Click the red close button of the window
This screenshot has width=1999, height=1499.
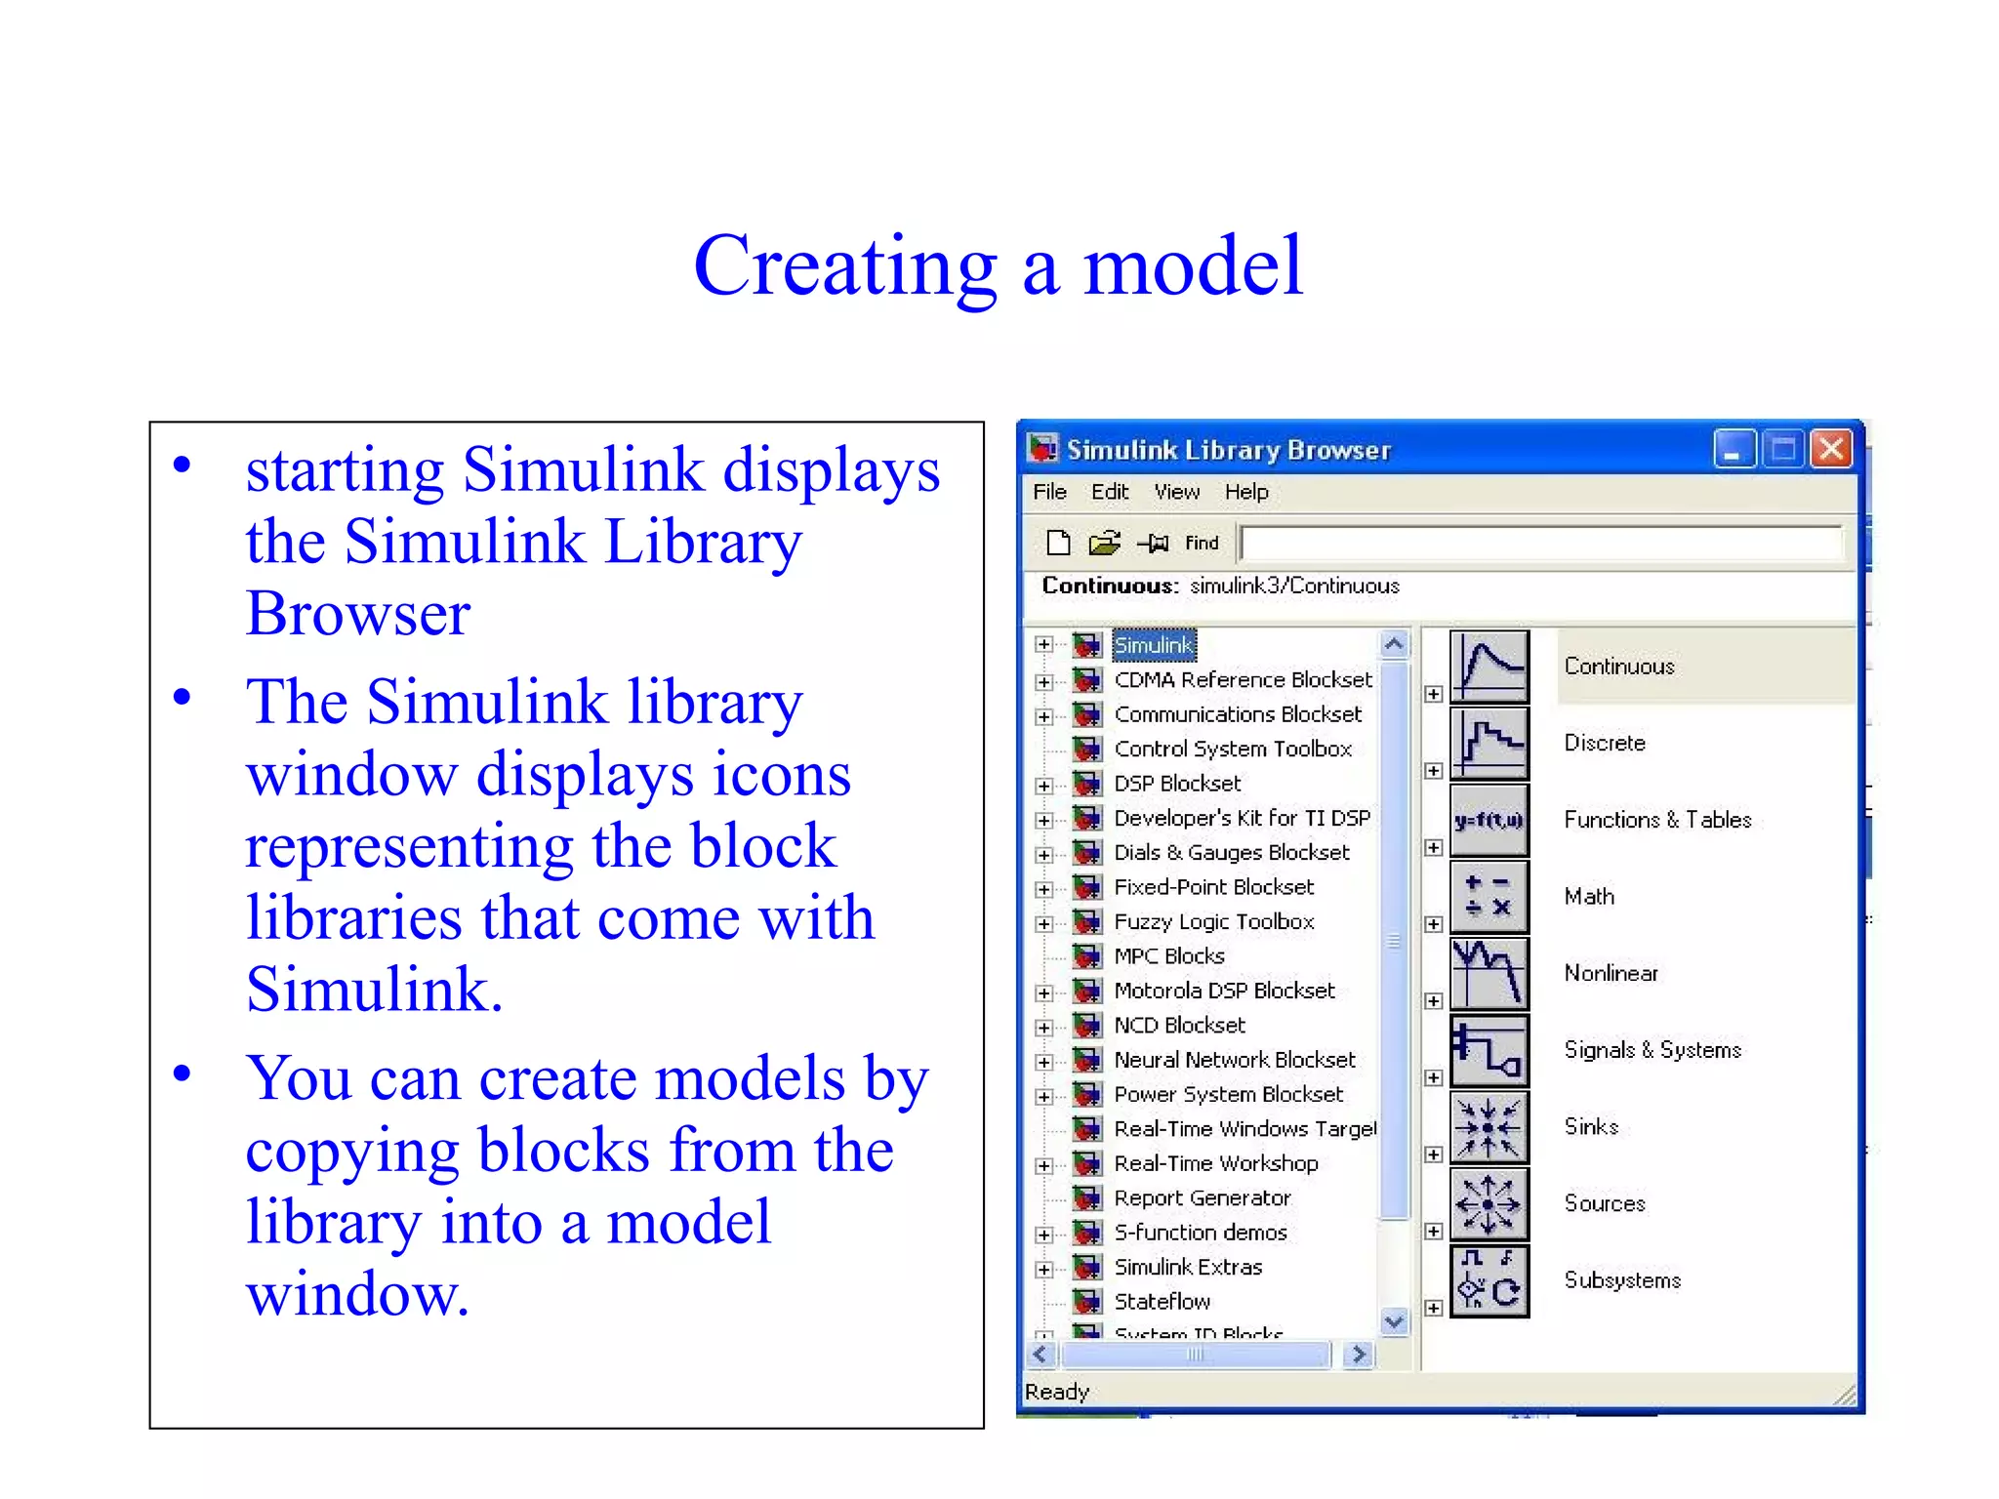1832,449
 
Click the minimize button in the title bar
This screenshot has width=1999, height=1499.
1734,449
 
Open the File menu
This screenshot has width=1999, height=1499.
1049,492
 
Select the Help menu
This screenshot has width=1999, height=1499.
1246,492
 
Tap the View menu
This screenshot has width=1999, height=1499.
1176,492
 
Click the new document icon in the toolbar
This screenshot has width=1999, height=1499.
1058,543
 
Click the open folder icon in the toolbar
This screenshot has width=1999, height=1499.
1104,543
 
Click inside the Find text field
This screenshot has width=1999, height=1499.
1540,544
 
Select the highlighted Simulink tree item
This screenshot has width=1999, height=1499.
1153,645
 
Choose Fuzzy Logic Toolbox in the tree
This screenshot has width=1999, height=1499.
1213,921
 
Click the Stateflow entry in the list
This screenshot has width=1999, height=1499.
1162,1301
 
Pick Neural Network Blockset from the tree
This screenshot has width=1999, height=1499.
1235,1060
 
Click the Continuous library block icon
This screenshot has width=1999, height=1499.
1489,667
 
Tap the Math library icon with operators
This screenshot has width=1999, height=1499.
1489,896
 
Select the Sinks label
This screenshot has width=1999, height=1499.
1591,1126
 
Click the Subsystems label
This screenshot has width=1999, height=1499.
1622,1279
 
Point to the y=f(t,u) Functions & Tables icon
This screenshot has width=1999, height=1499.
1489,820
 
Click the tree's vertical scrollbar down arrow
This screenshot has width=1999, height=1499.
1395,1321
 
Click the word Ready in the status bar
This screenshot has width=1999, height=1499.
1057,1392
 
